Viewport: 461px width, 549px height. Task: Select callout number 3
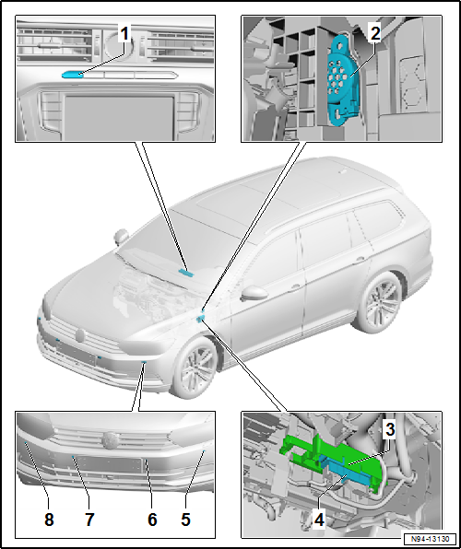pyautogui.click(x=389, y=429)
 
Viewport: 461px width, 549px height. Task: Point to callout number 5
pyautogui.click(x=185, y=520)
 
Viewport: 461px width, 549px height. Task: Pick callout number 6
pyautogui.click(x=153, y=520)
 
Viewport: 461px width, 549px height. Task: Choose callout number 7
pyautogui.click(x=89, y=520)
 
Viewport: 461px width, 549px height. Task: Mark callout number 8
pyautogui.click(x=49, y=520)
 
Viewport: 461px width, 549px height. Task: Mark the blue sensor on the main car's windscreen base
pyautogui.click(x=187, y=273)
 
